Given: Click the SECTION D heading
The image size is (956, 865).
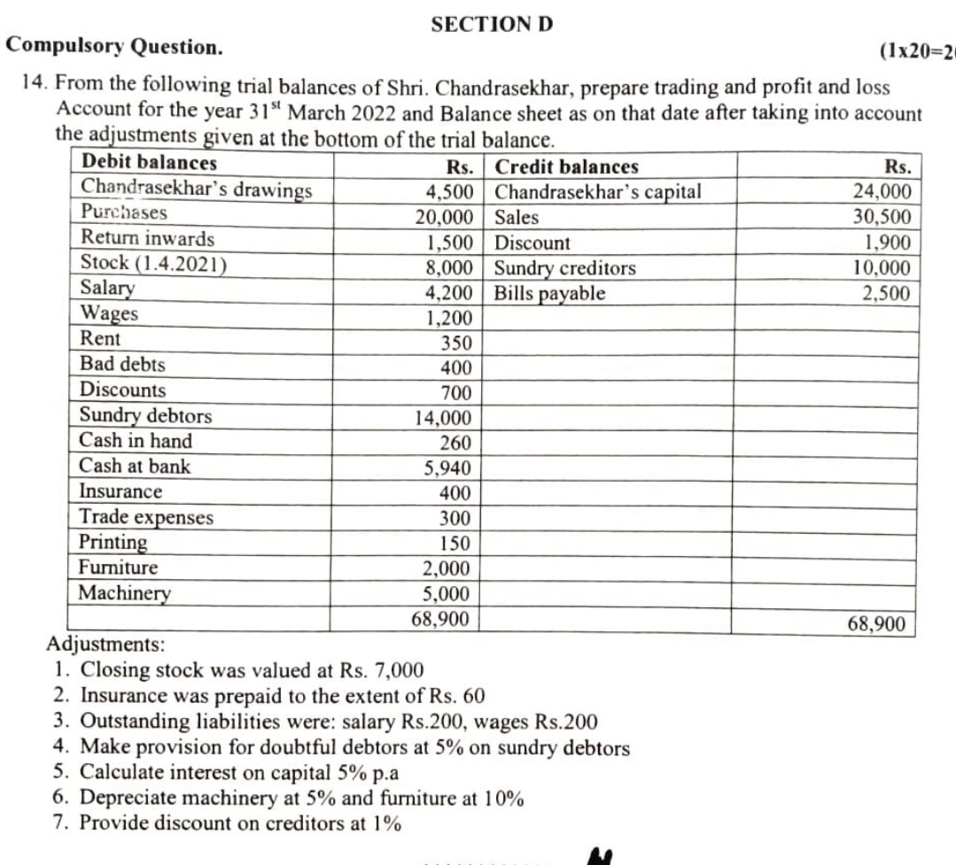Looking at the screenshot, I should pos(492,24).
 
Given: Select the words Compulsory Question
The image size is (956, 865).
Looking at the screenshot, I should pos(114,45).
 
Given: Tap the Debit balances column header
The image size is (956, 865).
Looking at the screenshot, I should pos(148,163).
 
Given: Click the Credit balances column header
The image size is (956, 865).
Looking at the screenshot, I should pos(566,166).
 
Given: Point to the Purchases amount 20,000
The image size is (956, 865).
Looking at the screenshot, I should pos(449,217).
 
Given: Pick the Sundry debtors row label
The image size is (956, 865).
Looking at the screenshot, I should pos(146,415).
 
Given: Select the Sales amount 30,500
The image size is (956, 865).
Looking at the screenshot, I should pos(881,217).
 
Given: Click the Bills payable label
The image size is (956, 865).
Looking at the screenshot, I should pos(549,293).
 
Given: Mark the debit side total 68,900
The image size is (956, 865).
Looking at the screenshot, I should pos(440,618).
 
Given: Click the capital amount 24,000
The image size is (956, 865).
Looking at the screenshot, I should pos(881,191).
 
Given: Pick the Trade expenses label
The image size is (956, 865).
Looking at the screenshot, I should pos(146,517).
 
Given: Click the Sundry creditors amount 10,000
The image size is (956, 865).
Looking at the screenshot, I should pos(881,268).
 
